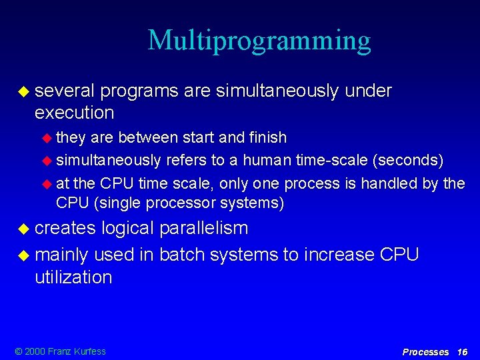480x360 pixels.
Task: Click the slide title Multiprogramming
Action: tap(259, 41)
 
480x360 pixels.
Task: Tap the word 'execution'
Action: tap(74, 112)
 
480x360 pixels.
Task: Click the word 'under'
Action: tap(368, 91)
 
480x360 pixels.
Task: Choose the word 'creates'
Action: tap(65, 228)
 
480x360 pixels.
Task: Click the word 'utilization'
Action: tap(73, 277)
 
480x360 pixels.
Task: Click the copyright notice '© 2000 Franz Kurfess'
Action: tap(59, 351)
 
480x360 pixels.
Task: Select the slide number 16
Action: tap(463, 351)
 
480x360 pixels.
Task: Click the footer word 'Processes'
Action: tap(425, 351)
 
